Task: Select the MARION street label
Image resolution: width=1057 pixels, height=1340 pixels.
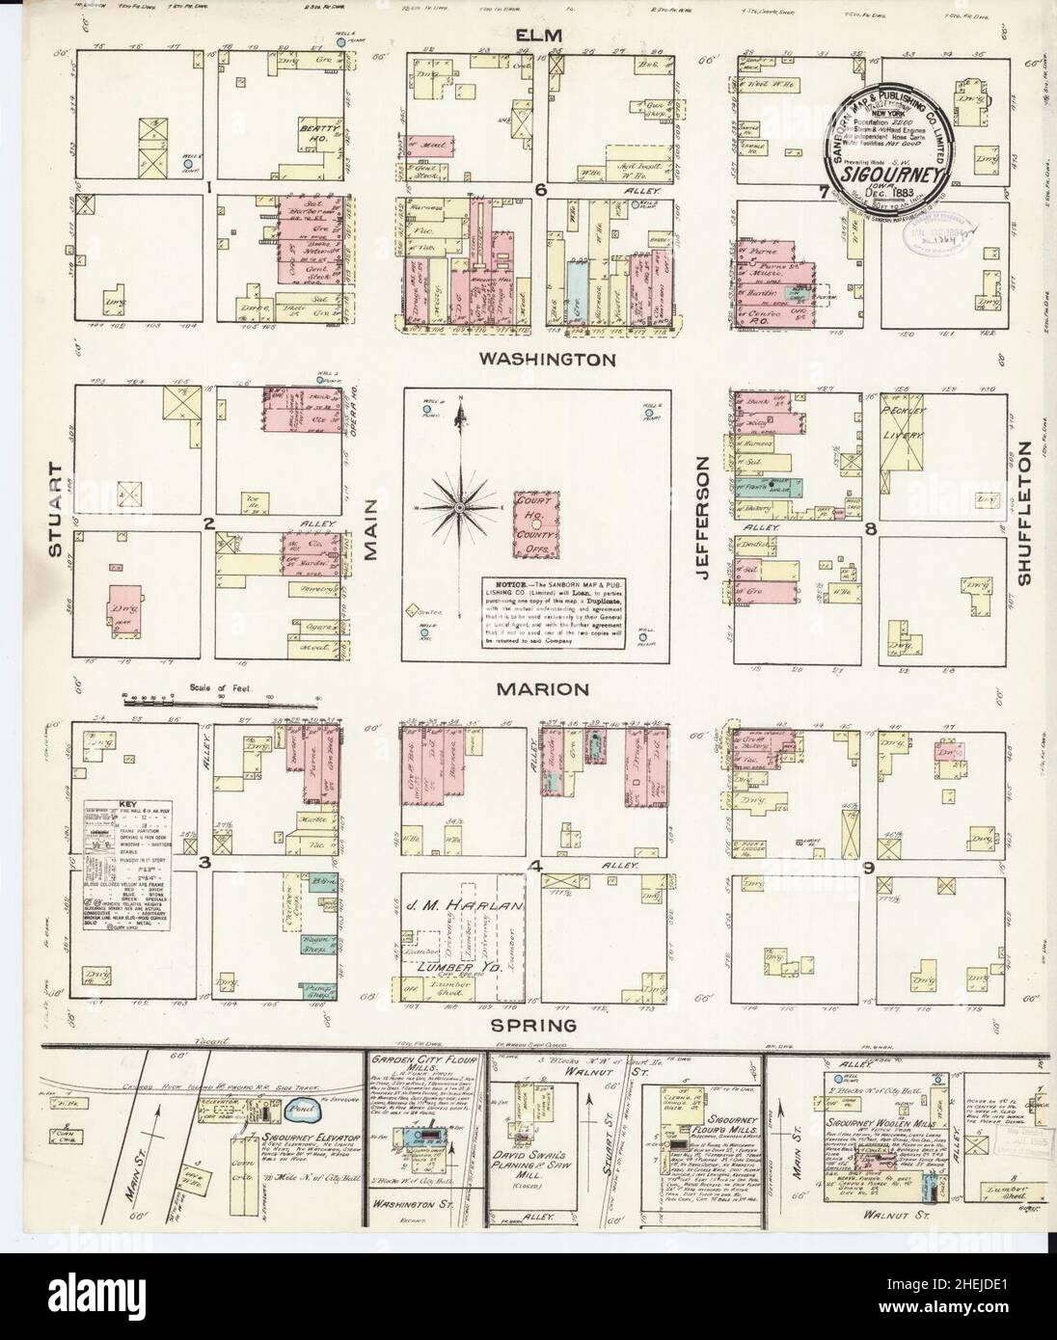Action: [542, 689]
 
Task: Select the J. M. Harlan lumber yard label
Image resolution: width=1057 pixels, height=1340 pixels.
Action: [473, 907]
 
